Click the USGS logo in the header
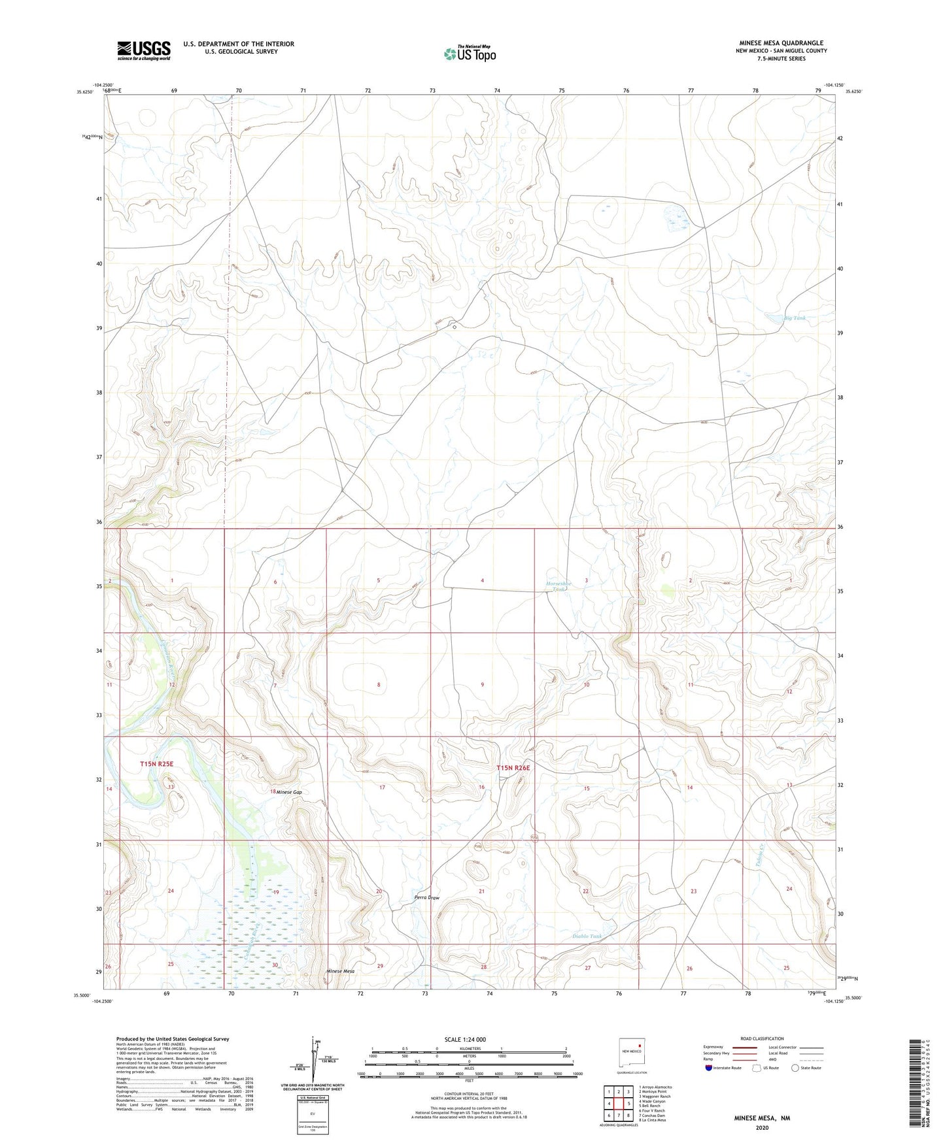pyautogui.click(x=143, y=50)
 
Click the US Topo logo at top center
pyautogui.click(x=470, y=53)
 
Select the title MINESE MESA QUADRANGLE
pyautogui.click(x=781, y=43)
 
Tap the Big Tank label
pyautogui.click(x=795, y=318)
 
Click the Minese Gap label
pyautogui.click(x=288, y=792)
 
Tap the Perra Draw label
pyautogui.click(x=427, y=897)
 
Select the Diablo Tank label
pyautogui.click(x=587, y=936)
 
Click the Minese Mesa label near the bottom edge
pyautogui.click(x=341, y=972)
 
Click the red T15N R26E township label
pyautogui.click(x=512, y=768)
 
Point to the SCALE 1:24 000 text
pyautogui.click(x=465, y=1039)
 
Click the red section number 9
pyautogui.click(x=483, y=685)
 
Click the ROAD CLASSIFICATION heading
pyautogui.click(x=762, y=1038)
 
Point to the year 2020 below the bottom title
pyautogui.click(x=761, y=1128)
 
